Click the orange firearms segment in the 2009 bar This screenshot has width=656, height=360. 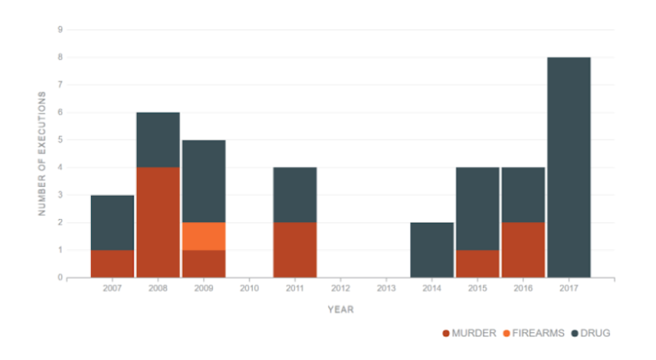pyautogui.click(x=203, y=236)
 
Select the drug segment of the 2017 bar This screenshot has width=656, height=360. pyautogui.click(x=569, y=167)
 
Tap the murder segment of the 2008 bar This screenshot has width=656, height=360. pyautogui.click(x=158, y=222)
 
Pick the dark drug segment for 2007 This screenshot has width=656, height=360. pyautogui.click(x=112, y=223)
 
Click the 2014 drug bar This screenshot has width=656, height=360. pyautogui.click(x=432, y=250)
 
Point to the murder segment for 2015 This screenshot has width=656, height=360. pyautogui.click(x=478, y=264)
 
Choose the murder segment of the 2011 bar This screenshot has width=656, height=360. pyautogui.click(x=295, y=250)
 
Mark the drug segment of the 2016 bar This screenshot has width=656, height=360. pyautogui.click(x=523, y=195)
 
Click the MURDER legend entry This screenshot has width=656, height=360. pyautogui.click(x=469, y=333)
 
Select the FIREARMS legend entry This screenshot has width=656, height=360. pyautogui.click(x=534, y=333)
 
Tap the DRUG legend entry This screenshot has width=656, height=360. pyautogui.click(x=590, y=333)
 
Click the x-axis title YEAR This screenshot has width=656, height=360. pyautogui.click(x=340, y=310)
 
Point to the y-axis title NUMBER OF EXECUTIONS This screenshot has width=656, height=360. pyautogui.click(x=42, y=153)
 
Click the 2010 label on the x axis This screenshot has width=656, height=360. pyautogui.click(x=249, y=289)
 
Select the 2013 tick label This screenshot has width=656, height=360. pyautogui.click(x=386, y=289)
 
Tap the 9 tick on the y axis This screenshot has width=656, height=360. pyautogui.click(x=60, y=30)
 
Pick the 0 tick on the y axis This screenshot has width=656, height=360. pyautogui.click(x=60, y=277)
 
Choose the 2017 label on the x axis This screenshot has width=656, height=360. pyautogui.click(x=569, y=289)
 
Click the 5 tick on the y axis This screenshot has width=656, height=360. pyautogui.click(x=60, y=139)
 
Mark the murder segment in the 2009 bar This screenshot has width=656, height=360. pyautogui.click(x=203, y=264)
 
